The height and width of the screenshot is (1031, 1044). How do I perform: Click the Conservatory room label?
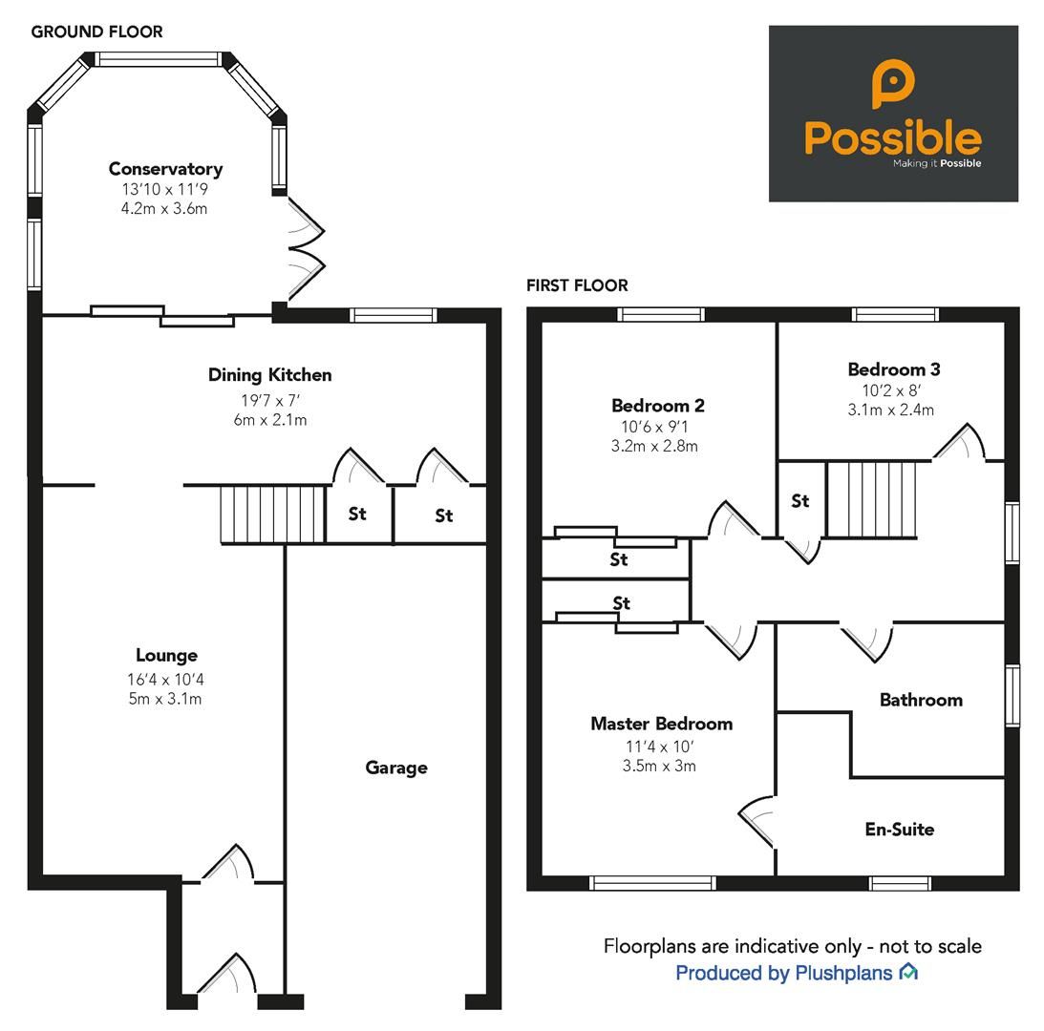click(x=165, y=169)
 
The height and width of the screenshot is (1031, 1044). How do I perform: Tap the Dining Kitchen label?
click(x=269, y=375)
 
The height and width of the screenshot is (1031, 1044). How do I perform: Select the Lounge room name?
click(x=166, y=655)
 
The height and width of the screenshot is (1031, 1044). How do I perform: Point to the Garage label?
click(x=395, y=768)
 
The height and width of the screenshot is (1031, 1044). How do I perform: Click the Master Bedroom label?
click(x=661, y=724)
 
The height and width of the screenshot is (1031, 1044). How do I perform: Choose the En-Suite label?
click(x=899, y=830)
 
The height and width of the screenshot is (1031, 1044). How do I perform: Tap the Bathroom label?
click(x=920, y=700)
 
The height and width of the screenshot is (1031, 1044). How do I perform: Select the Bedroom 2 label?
click(x=657, y=406)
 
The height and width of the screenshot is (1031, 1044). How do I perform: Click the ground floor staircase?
click(x=273, y=514)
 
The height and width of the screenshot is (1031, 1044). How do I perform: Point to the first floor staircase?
click(x=871, y=499)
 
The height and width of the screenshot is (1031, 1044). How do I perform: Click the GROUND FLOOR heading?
click(x=96, y=32)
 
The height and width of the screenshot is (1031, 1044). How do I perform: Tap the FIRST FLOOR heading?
click(x=577, y=285)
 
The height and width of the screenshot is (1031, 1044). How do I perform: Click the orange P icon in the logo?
click(x=892, y=83)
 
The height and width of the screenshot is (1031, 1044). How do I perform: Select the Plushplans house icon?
click(x=908, y=973)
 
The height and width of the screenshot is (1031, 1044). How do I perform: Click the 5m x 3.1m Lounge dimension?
click(x=166, y=699)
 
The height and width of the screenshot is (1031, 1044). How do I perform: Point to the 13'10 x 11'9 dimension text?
click(x=165, y=189)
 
